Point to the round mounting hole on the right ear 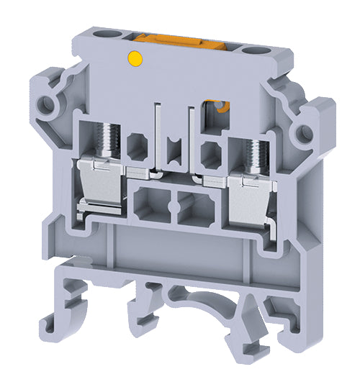pos(305,132)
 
